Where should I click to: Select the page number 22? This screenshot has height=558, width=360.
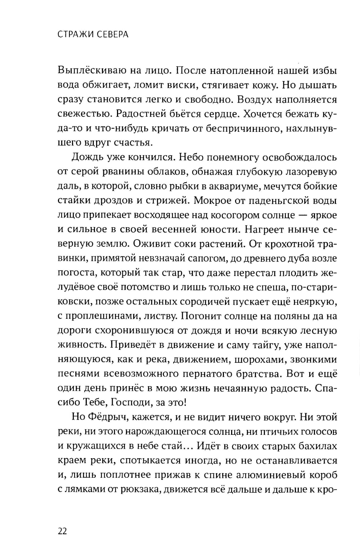[62, 531]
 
